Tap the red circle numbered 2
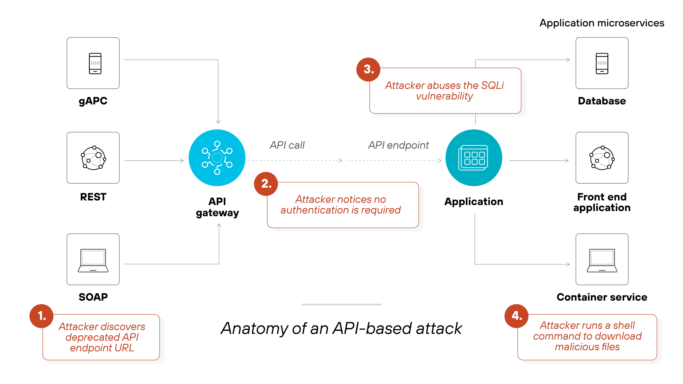(266, 184)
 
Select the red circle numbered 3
(368, 69)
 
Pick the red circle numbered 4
(516, 316)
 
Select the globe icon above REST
(93, 158)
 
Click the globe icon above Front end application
(602, 158)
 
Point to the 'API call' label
(287, 145)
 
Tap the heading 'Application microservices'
(602, 23)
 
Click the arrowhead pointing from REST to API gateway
(182, 161)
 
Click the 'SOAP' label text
(93, 297)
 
